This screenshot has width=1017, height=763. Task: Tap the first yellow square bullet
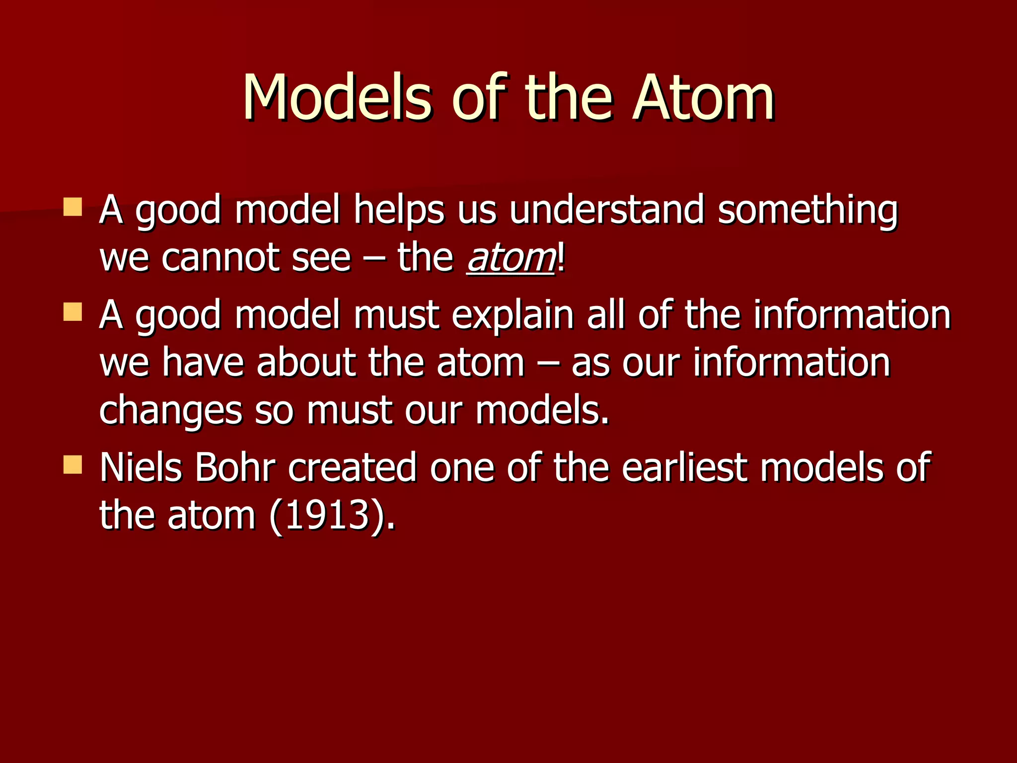pos(73,207)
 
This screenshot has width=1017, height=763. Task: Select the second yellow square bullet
pos(73,312)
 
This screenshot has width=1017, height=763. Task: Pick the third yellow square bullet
pos(73,465)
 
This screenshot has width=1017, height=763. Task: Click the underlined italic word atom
pos(510,259)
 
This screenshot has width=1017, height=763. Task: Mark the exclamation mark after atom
pos(561,259)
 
